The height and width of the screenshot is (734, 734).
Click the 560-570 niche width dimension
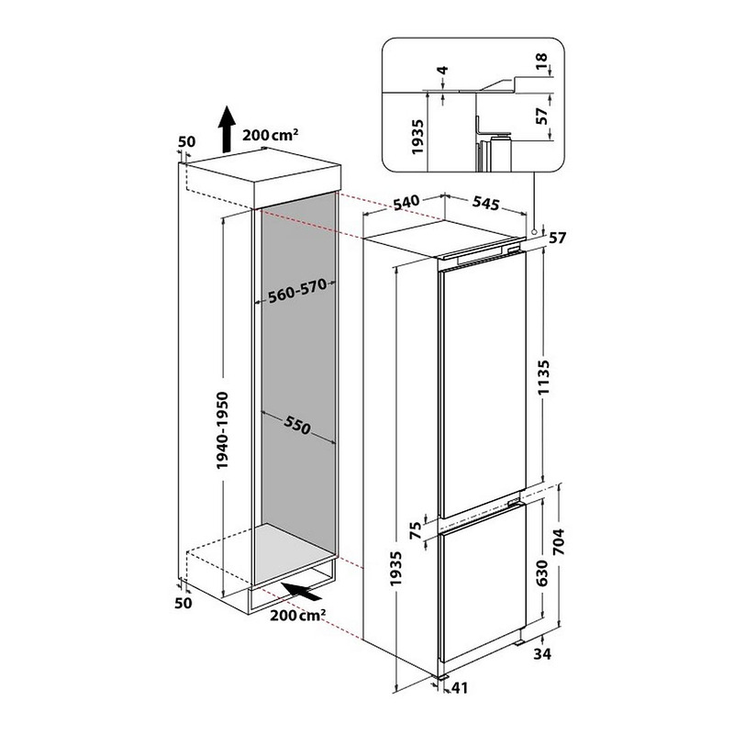point(297,292)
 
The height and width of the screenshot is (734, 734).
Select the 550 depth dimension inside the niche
point(296,426)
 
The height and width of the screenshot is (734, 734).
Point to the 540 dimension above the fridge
point(406,203)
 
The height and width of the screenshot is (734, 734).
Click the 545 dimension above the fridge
point(486,203)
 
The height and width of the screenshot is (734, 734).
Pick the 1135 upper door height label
point(543,377)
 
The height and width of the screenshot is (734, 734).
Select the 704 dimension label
point(559,541)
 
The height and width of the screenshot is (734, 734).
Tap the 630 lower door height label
point(541,573)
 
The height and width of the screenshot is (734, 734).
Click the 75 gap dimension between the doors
point(416,531)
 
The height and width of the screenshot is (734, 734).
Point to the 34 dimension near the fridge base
point(542,653)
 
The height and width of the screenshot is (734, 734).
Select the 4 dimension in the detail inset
point(442,71)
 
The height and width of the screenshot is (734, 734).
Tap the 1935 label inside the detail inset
point(417,137)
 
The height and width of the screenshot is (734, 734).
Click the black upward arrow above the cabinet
point(227,129)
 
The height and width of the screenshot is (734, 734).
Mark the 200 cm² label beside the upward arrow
point(270,135)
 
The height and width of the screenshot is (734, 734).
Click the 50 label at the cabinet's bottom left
point(183,603)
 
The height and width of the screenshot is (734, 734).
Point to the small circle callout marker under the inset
point(534,232)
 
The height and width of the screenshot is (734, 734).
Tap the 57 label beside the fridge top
point(557,239)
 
